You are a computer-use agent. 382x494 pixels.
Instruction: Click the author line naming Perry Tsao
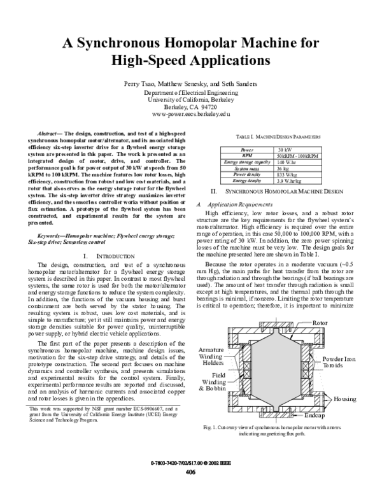pos(190,84)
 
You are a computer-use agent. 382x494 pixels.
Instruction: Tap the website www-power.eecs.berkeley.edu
pos(190,115)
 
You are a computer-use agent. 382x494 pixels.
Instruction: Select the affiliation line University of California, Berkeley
pos(190,100)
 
